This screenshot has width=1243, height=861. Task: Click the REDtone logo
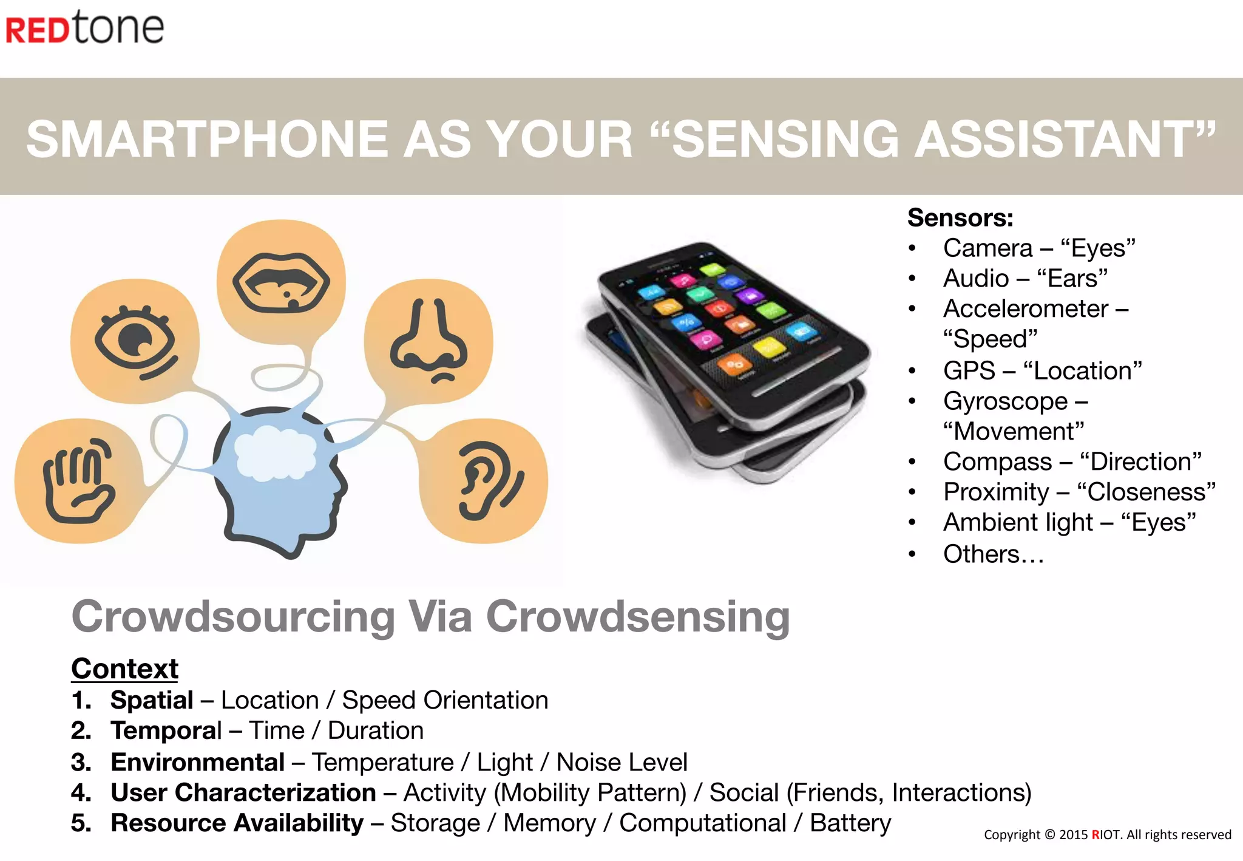(84, 28)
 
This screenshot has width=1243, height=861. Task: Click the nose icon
(428, 342)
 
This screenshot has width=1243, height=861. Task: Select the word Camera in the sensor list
(987, 248)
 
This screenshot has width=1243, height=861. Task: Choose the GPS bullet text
(1041, 370)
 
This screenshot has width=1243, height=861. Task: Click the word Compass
(997, 462)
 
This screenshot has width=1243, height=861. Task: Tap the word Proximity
(996, 492)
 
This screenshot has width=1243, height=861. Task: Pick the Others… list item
(993, 554)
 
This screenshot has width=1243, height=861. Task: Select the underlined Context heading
(124, 669)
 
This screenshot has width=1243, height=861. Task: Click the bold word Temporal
(166, 730)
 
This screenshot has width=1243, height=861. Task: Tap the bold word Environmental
(197, 762)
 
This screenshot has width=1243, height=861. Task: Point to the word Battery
(850, 823)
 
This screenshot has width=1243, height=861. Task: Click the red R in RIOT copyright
(1096, 835)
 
